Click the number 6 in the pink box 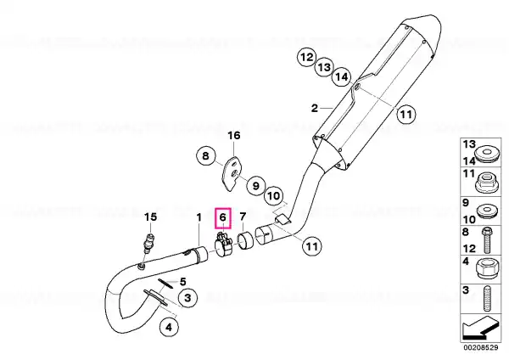pos(222,217)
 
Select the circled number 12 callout pos(307,58)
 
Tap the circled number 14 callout pos(342,77)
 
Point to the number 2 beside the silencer pos(314,108)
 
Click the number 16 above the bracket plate pos(234,135)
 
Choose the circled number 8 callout pos(206,156)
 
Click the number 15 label pos(150,217)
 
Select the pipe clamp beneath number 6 pos(223,246)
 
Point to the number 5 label pos(182,281)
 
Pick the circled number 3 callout pos(187,297)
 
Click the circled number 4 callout pos(169,327)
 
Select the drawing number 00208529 pos(480,347)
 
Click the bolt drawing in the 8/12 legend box pos(487,239)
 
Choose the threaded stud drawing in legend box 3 pos(486,298)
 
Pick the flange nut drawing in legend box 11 pos(485,182)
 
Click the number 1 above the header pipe pos(199,217)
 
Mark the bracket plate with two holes pos(231,174)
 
